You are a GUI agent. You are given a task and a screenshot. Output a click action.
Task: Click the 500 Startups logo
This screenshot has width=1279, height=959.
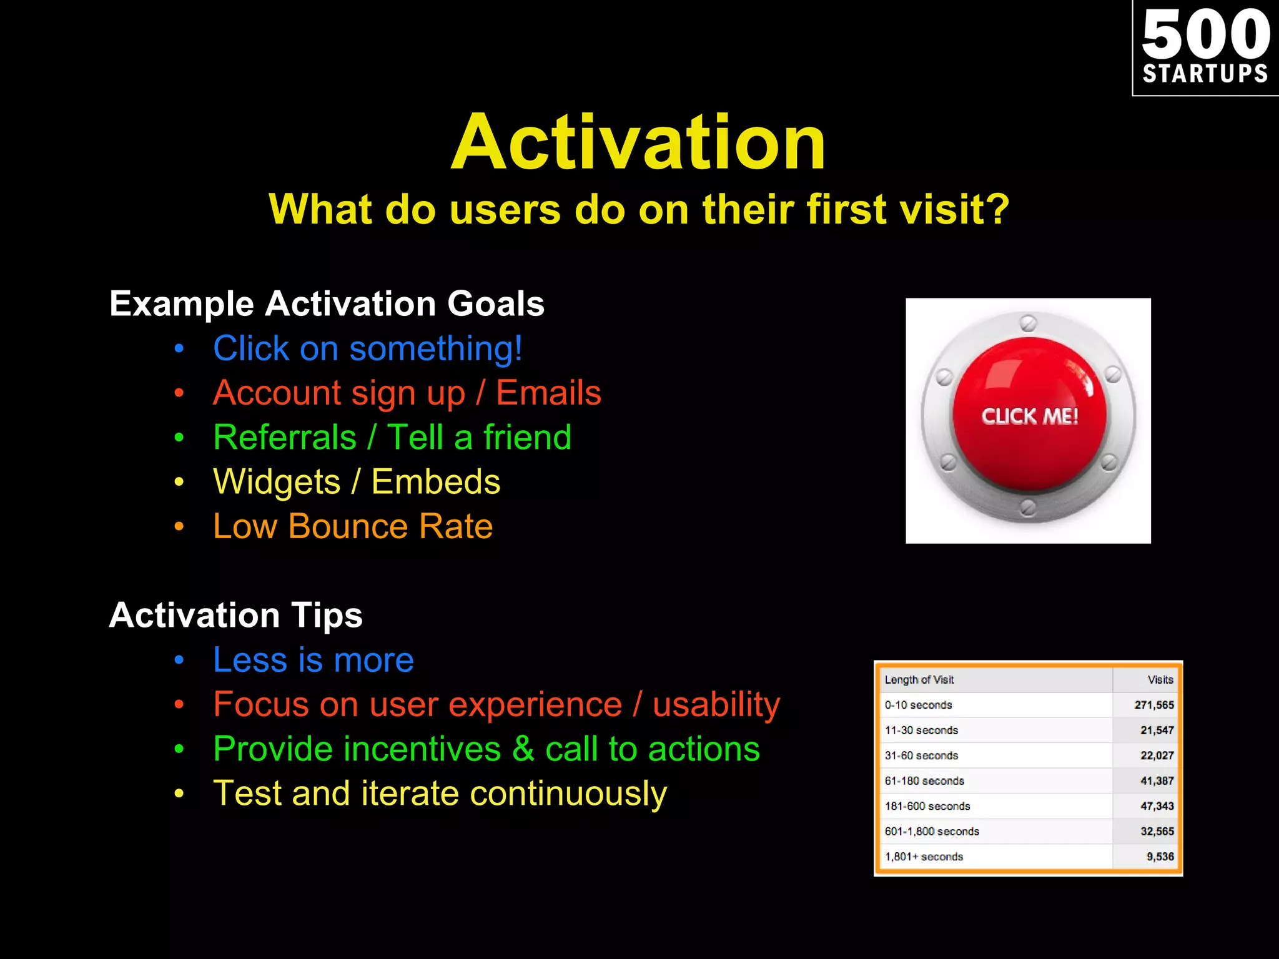(x=1205, y=47)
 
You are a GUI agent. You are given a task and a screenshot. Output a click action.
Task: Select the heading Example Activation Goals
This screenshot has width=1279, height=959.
(x=327, y=304)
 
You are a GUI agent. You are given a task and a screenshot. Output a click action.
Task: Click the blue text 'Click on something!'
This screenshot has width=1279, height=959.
(x=367, y=348)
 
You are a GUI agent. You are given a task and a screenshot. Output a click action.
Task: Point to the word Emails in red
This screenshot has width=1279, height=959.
(x=548, y=393)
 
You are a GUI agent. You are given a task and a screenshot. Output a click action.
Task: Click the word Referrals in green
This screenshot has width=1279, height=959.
(x=285, y=437)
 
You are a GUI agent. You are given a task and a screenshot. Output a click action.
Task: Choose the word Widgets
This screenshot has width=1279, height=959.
(x=277, y=482)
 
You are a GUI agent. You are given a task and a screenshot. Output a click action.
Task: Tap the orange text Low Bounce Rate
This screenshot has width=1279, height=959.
(x=353, y=526)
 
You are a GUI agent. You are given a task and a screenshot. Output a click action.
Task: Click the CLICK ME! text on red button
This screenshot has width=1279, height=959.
(x=1029, y=416)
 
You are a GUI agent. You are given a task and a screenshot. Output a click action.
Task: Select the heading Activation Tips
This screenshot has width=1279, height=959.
(x=235, y=616)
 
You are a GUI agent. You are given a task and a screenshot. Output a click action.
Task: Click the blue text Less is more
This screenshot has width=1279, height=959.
(x=313, y=660)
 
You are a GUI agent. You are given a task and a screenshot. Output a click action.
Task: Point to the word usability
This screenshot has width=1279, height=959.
(x=716, y=705)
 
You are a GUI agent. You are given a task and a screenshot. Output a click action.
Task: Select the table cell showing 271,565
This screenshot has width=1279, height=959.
(x=1153, y=705)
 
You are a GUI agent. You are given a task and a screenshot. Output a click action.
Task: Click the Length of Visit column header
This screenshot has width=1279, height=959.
(x=919, y=680)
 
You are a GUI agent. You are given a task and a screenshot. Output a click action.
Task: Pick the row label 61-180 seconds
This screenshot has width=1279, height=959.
(x=924, y=781)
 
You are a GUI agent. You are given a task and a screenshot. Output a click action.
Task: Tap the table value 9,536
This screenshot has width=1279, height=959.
(x=1160, y=857)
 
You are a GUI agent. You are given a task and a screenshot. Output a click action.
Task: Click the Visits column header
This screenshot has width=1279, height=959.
(x=1160, y=680)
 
